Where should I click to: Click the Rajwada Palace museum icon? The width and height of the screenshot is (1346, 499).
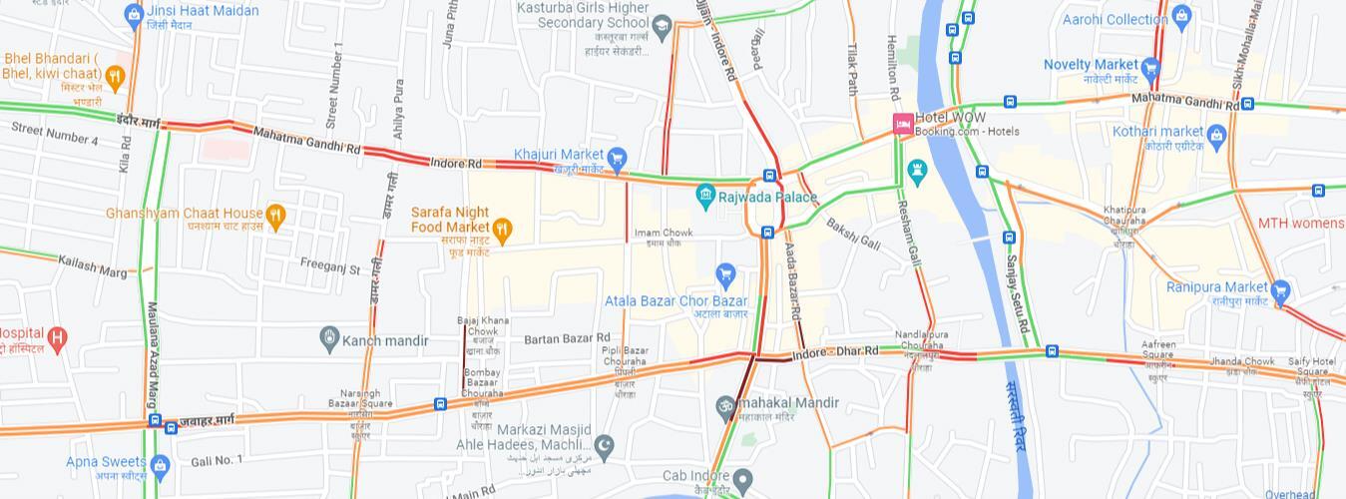pos(706,196)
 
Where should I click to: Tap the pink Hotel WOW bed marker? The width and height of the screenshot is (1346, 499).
pos(903,124)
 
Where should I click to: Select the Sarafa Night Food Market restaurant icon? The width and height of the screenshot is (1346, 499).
pos(503,230)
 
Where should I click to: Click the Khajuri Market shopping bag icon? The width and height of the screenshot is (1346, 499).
pos(617,158)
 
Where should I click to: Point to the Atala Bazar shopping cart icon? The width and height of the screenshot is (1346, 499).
pos(725,274)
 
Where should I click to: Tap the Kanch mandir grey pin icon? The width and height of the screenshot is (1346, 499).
pos(329,340)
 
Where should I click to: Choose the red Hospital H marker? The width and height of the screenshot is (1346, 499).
pos(57,338)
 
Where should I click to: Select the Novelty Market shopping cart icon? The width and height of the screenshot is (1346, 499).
pos(1150,68)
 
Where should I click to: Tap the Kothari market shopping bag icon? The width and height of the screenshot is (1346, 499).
pos(1215,135)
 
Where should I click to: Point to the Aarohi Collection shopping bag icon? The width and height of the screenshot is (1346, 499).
pos(1182,16)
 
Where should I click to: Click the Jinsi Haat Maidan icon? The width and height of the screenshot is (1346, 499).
pos(134,14)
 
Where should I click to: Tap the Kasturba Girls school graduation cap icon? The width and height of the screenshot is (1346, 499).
pos(662,24)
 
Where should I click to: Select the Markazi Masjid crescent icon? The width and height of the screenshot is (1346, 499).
pos(604,442)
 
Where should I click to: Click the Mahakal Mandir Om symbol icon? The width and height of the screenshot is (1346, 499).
pos(725,405)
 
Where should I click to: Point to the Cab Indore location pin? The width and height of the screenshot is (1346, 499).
pos(741,479)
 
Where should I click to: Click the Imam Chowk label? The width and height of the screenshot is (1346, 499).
pos(664,233)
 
